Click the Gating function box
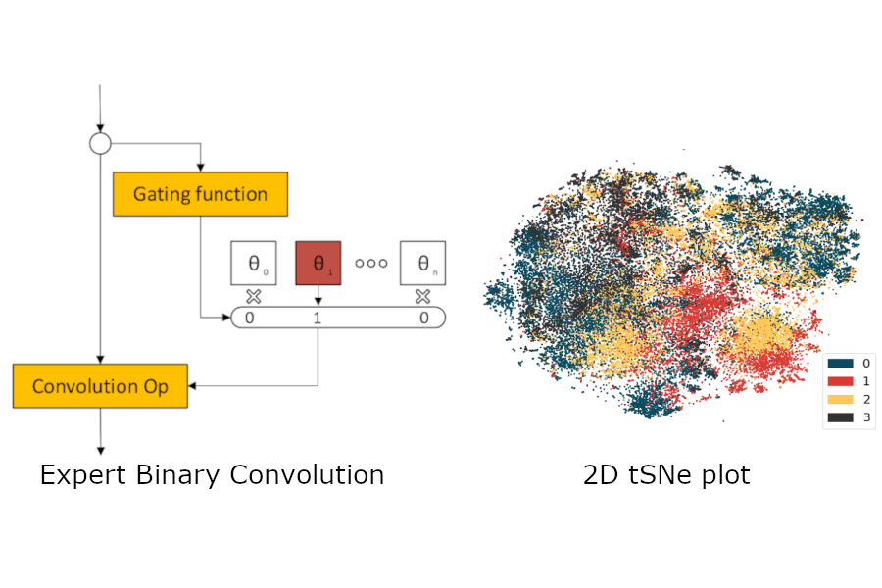[200, 194]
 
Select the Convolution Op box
[100, 386]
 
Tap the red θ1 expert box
[318, 263]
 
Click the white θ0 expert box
[254, 263]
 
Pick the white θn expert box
[423, 263]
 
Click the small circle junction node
[100, 144]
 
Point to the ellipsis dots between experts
[371, 263]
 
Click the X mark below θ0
[254, 296]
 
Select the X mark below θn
[423, 296]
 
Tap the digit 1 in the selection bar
[318, 318]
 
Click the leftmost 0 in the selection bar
[250, 318]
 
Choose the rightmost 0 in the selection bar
[423, 318]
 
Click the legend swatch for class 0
[840, 363]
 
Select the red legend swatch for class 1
[840, 380]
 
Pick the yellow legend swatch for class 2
[840, 399]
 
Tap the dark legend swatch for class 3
[840, 417]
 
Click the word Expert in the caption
[81, 476]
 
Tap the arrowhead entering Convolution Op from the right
[193, 386]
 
